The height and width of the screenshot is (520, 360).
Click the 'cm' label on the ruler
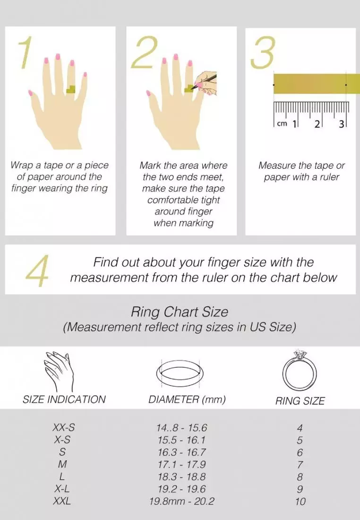[282, 124]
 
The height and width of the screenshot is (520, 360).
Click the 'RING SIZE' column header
[300, 401]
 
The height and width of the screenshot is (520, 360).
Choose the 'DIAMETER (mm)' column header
[187, 399]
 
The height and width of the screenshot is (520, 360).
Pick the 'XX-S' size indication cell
[63, 428]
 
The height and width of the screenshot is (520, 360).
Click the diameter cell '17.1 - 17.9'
[181, 465]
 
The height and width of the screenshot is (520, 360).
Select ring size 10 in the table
[300, 502]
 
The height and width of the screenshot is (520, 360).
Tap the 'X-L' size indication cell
[62, 489]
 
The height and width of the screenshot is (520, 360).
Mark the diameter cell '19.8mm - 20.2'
[181, 501]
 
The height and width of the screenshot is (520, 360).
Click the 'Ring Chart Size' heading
[180, 312]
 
